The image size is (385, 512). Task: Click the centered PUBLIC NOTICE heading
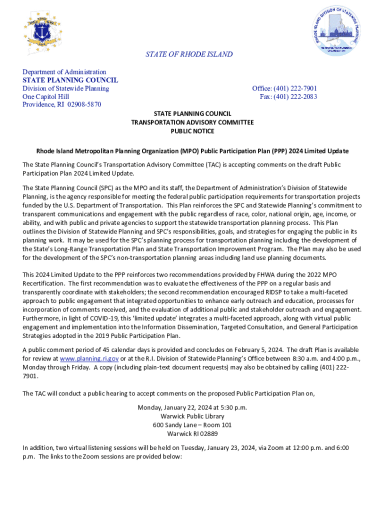192,131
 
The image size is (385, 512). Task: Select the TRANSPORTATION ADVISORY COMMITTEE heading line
192,122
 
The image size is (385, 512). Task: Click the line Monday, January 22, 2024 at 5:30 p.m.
192,407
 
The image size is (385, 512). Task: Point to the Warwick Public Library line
192,416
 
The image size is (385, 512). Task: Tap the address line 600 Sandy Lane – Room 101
192,425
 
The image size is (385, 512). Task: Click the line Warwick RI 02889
192,433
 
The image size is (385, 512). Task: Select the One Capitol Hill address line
46,96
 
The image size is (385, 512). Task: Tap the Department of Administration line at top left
64,72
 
